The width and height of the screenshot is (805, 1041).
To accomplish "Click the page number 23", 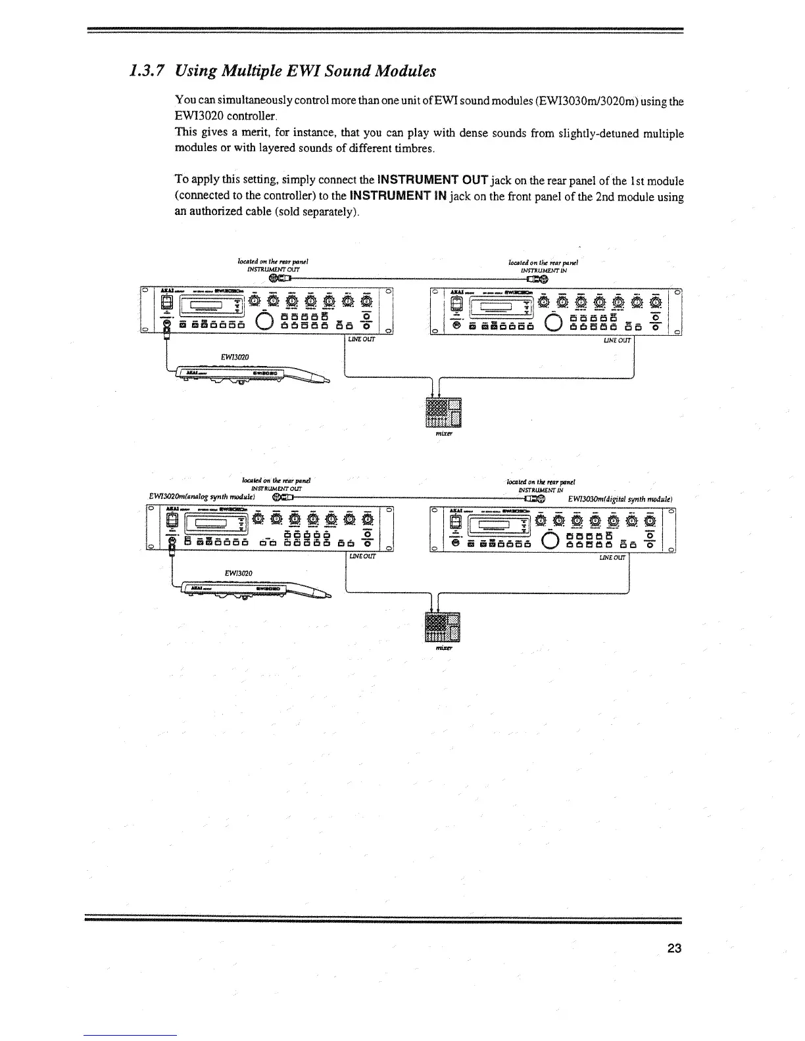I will pyautogui.click(x=673, y=948).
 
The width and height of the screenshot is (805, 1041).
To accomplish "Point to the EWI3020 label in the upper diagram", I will pyautogui.click(x=234, y=357).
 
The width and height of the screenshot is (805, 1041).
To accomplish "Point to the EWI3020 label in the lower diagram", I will pyautogui.click(x=235, y=573).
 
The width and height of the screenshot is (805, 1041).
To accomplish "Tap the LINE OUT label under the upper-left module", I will pyautogui.click(x=362, y=339).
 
